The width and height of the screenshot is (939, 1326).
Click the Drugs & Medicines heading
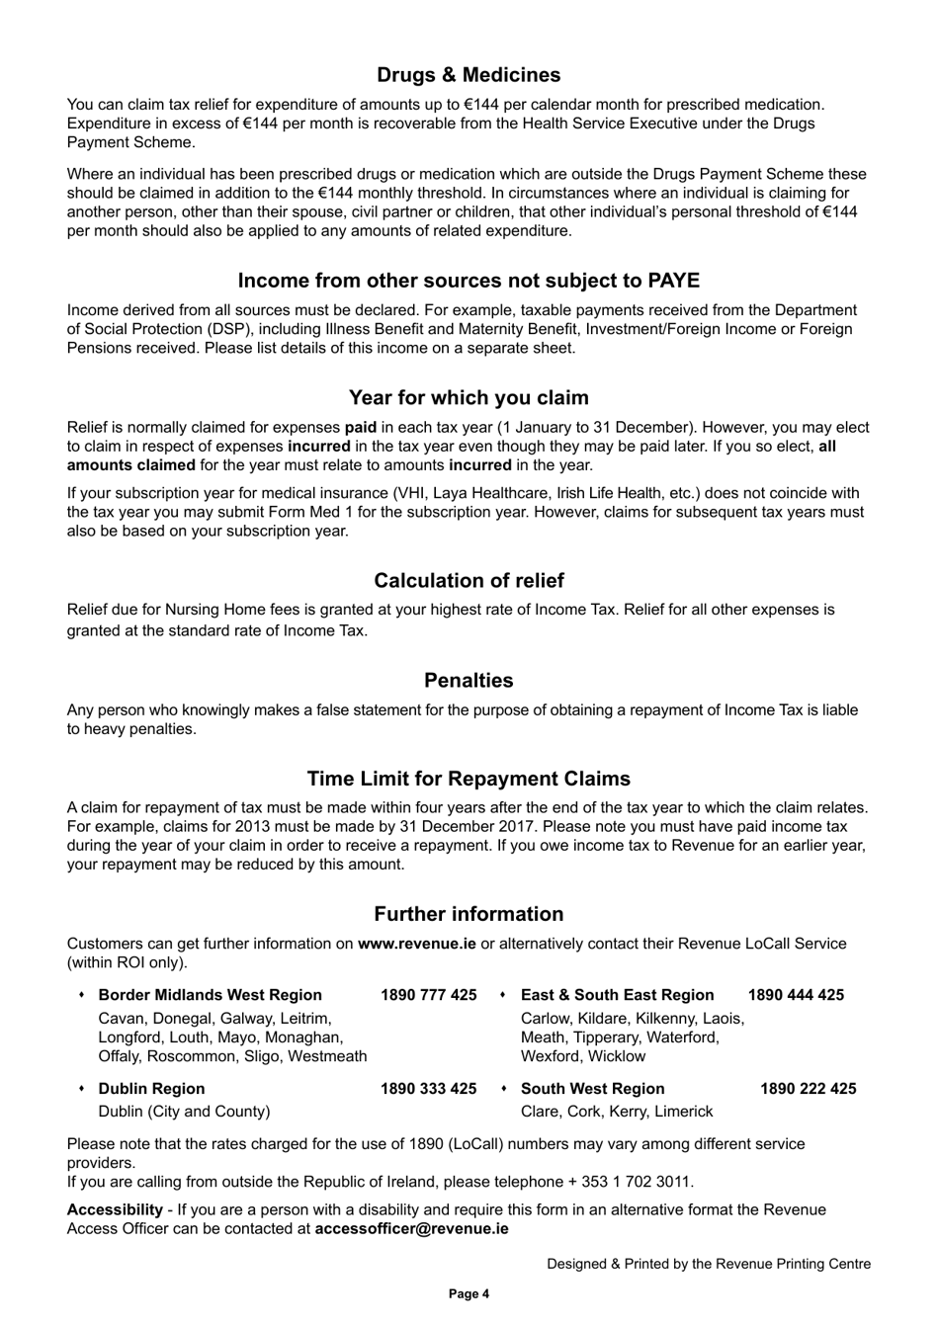click(469, 75)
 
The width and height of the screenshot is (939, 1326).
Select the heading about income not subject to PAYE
click(469, 281)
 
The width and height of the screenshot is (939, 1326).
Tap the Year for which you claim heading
click(469, 398)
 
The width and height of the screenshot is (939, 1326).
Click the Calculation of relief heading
click(469, 581)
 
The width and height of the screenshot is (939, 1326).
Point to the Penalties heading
click(469, 681)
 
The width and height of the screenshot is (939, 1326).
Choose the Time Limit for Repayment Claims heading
click(469, 779)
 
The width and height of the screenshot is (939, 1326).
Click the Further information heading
click(469, 914)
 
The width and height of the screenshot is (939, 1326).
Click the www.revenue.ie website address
click(416, 944)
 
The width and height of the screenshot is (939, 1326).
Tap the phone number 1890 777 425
click(428, 995)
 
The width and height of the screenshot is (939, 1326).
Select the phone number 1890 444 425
click(796, 995)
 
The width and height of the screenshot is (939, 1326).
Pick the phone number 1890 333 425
click(428, 1089)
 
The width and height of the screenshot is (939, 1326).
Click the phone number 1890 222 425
click(808, 1089)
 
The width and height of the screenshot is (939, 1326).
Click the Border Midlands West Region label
click(210, 995)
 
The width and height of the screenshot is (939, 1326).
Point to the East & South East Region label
click(617, 995)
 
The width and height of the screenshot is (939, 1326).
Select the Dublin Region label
click(151, 1089)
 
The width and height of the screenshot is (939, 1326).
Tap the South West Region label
click(592, 1089)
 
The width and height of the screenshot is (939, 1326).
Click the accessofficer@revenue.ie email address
click(411, 1229)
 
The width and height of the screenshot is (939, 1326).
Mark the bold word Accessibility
click(115, 1210)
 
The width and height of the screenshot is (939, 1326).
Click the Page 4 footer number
click(469, 1294)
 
